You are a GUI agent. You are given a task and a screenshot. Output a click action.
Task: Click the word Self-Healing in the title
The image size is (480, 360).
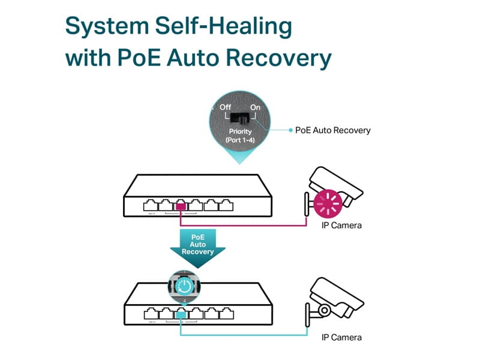point(223,27)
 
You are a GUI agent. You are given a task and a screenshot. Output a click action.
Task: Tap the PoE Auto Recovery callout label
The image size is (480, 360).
point(333,130)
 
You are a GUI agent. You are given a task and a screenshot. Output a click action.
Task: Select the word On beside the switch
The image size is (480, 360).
point(256,107)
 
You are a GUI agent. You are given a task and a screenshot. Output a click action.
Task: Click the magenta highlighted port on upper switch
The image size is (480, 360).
point(181,206)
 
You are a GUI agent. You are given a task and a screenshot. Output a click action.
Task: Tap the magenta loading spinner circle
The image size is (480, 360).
point(328,205)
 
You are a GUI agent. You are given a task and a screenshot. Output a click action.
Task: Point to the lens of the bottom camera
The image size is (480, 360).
point(324,310)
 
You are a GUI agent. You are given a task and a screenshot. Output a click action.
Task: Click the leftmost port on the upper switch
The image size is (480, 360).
point(151,206)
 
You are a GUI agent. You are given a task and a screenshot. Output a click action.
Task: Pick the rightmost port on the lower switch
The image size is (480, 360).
point(226,313)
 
